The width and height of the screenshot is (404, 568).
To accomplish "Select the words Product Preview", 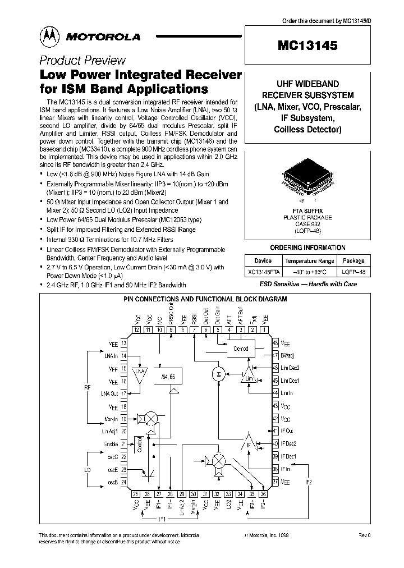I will (x=82, y=61).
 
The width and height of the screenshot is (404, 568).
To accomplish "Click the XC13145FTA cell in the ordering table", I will (x=263, y=271).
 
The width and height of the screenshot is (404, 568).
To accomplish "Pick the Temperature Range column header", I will (x=310, y=260).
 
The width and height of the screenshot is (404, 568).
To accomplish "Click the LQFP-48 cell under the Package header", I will (x=353, y=271).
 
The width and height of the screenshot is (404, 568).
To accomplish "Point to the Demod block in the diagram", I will (x=240, y=349).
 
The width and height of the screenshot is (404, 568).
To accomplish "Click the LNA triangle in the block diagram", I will (x=140, y=373).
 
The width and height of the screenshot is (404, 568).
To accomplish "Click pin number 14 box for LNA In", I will (x=124, y=356).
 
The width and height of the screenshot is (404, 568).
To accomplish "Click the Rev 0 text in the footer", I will (x=364, y=535).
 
